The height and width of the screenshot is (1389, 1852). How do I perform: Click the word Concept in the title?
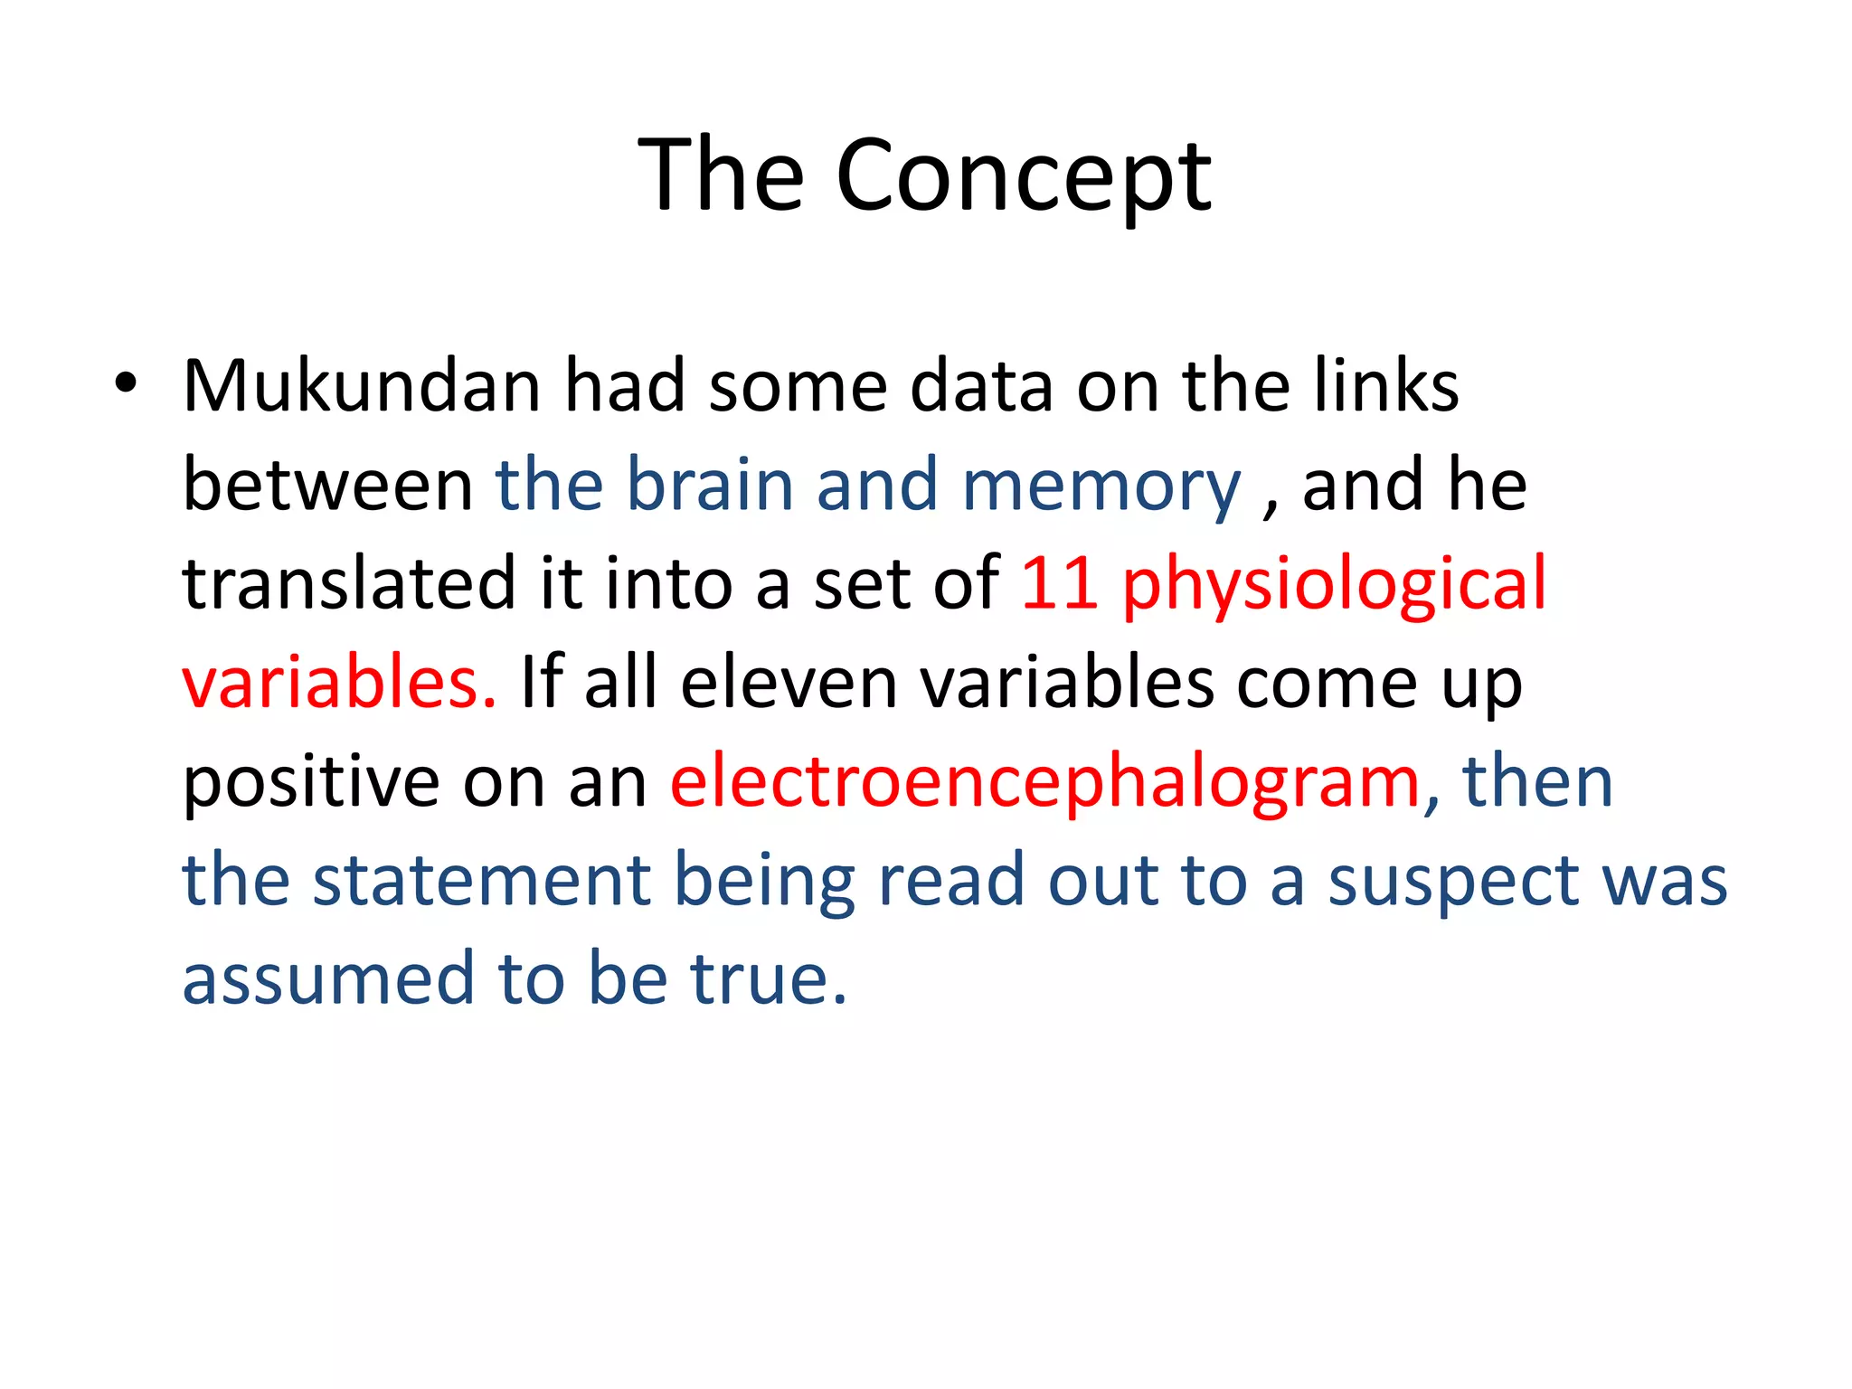point(1023,176)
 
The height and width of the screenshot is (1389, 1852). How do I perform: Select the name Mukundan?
point(362,386)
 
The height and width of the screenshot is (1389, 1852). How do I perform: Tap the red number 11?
point(1059,583)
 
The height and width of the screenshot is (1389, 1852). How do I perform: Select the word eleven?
point(789,682)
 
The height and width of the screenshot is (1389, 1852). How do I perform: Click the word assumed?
point(328,978)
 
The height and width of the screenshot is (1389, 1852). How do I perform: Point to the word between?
point(327,485)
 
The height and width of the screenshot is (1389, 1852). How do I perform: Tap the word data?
point(980,386)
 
